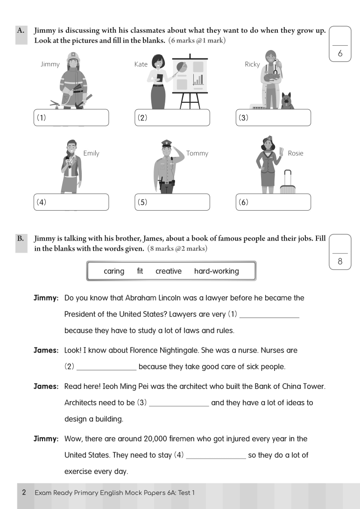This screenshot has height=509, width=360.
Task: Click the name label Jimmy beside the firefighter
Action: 50,64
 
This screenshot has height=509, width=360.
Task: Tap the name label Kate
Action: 141,64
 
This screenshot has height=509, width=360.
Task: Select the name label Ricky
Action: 252,64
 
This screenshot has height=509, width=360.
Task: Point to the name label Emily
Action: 91,153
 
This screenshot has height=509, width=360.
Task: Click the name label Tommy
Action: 197,153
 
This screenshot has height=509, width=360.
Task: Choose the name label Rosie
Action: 296,153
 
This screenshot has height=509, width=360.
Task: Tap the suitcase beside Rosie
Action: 288,182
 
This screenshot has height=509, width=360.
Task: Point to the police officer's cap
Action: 167,143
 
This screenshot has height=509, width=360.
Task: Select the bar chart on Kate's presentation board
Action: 198,79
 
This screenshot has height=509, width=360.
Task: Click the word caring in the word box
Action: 114,271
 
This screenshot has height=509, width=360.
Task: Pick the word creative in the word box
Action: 169,271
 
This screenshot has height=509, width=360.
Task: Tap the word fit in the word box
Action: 140,271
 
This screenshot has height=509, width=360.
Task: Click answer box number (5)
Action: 172,202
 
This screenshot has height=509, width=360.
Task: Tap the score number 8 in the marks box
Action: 339,262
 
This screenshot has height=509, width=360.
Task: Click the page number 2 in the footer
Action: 24,492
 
